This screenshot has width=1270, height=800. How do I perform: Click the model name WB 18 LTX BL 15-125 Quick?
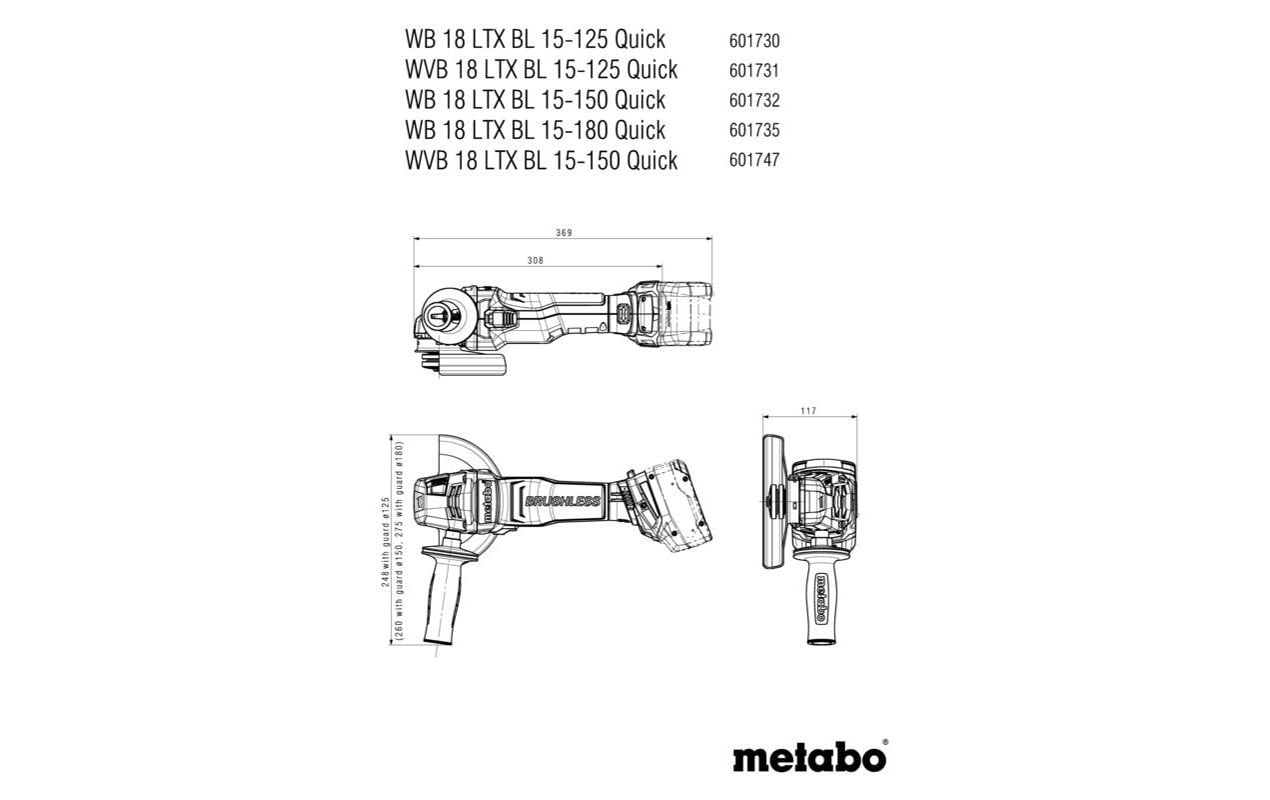click(535, 40)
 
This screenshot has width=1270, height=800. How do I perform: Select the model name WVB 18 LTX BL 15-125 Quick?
click(541, 70)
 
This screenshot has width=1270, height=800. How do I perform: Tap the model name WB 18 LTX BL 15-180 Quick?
click(535, 130)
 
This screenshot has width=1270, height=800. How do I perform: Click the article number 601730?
click(754, 41)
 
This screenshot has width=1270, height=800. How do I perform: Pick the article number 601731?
click(754, 71)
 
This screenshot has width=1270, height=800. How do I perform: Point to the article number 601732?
click(754, 101)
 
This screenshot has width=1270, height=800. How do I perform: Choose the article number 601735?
click(754, 130)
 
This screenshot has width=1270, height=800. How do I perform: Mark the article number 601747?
click(754, 160)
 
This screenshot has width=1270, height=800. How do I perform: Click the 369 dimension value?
click(564, 233)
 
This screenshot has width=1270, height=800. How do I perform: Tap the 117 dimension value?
click(808, 411)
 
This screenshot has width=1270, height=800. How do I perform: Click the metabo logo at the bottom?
click(809, 756)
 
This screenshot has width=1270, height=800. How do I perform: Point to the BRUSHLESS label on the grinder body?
click(562, 501)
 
